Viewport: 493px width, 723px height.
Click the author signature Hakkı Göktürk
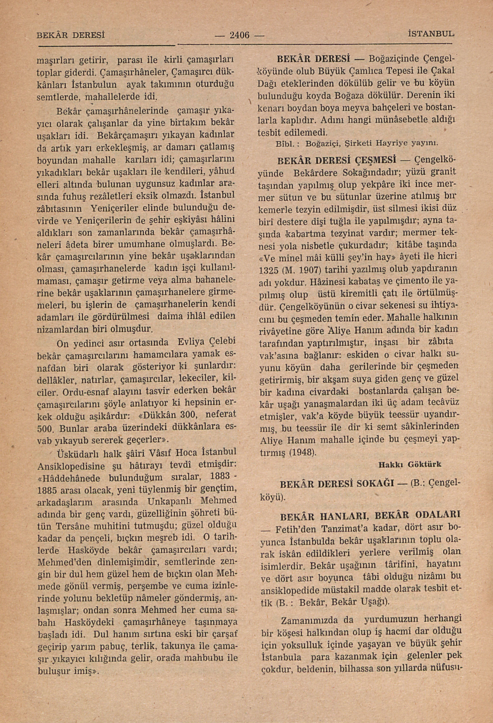(410, 464)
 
